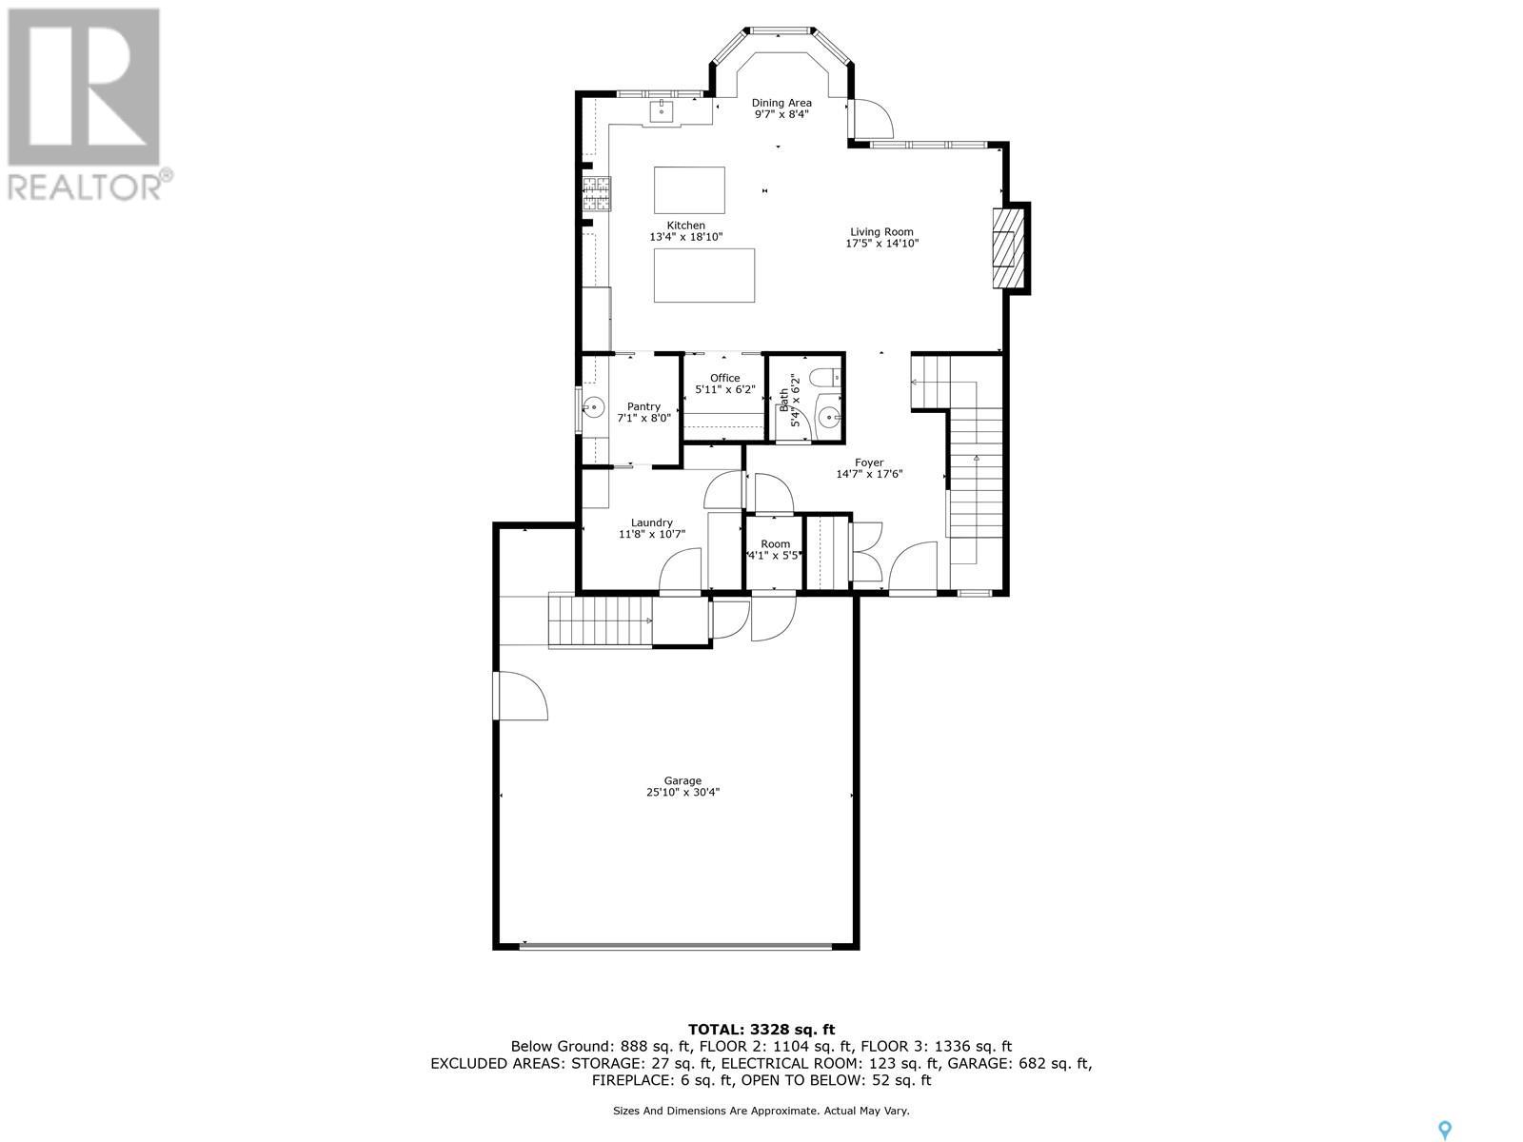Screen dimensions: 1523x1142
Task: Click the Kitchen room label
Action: [x=685, y=226]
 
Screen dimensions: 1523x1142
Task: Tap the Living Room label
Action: [x=881, y=231]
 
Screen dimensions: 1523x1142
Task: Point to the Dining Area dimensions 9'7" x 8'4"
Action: [x=781, y=114]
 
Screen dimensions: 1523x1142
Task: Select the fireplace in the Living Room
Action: [x=1009, y=247]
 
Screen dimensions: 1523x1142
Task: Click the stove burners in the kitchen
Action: [x=597, y=193]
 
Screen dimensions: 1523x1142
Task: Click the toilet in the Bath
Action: [x=824, y=379]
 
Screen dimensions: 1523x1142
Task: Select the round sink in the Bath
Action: [x=829, y=418]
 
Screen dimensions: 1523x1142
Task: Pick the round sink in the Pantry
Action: [x=593, y=405]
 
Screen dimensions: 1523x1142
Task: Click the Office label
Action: [x=725, y=378]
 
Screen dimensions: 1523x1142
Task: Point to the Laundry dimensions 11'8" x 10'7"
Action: [x=651, y=534]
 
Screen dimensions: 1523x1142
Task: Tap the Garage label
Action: [x=682, y=780]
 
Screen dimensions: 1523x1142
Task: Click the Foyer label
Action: [x=869, y=463]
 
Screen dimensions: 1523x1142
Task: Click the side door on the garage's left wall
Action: [x=521, y=696]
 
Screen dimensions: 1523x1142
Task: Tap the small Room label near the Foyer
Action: [x=775, y=544]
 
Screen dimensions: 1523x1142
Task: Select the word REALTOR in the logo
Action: [x=84, y=187]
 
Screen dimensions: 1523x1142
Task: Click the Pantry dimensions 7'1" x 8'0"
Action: [x=643, y=418]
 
